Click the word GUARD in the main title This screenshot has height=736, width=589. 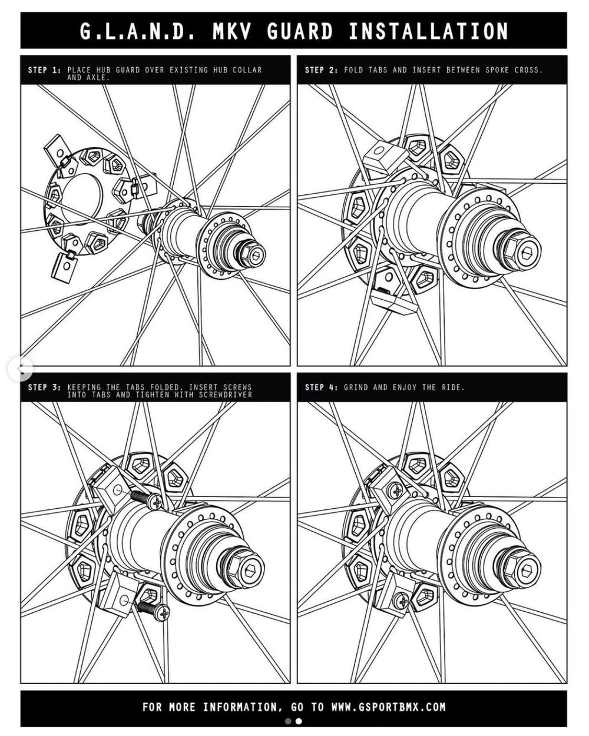pos(299,31)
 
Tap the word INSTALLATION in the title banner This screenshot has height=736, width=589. pos(428,31)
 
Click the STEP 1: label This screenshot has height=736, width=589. pos(45,71)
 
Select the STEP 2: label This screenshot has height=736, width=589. pos(322,71)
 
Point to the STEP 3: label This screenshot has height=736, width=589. pos(45,387)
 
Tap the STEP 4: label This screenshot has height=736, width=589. pos(322,387)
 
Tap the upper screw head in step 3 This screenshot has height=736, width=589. pos(157,502)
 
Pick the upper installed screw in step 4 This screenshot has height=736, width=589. pos(396,491)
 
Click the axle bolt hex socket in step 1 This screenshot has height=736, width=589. pos(256,256)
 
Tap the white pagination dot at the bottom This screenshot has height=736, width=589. pos(299,721)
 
